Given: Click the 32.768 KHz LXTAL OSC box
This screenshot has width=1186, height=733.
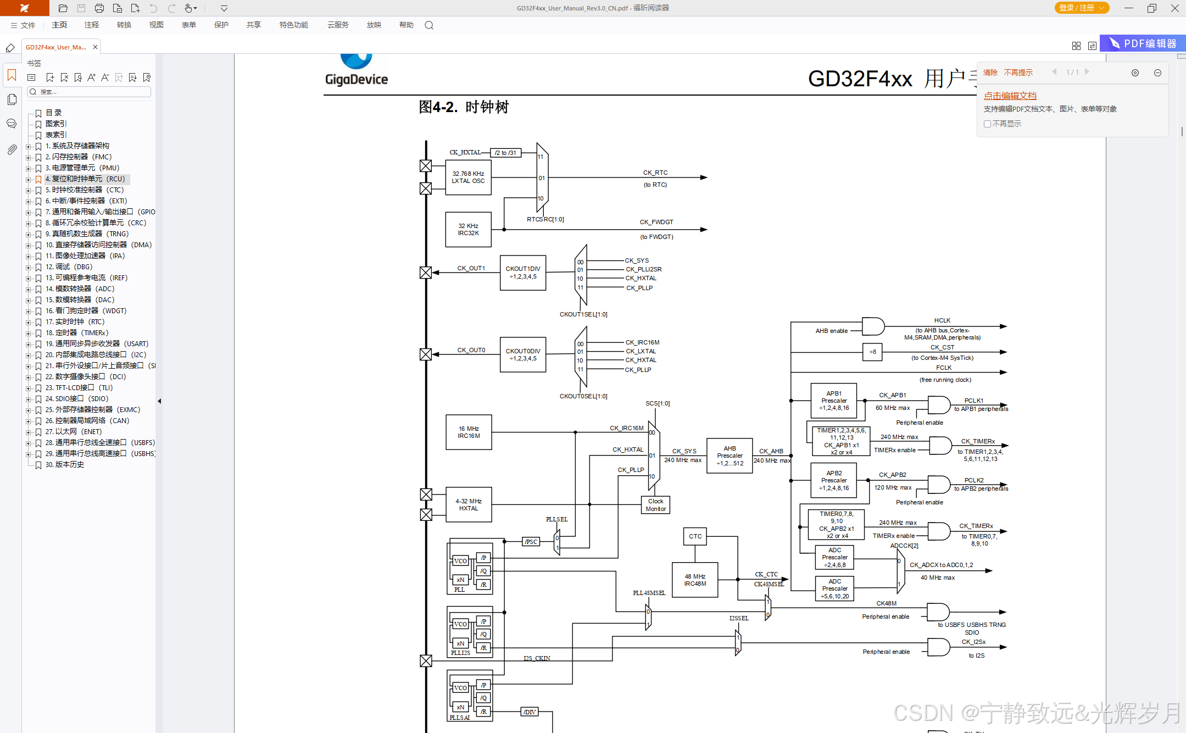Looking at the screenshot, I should (468, 177).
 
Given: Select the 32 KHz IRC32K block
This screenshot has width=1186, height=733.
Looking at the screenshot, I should (468, 230).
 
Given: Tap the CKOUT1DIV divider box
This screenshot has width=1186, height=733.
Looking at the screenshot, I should (522, 273).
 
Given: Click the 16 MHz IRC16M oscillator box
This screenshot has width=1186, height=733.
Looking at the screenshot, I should (469, 432).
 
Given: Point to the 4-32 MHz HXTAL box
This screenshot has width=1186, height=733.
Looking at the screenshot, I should (469, 504).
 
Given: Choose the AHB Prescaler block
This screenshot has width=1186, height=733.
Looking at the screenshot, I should (730, 456).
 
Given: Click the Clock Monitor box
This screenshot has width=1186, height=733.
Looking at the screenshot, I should (655, 505).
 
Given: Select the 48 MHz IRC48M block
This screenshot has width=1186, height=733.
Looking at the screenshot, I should (695, 580).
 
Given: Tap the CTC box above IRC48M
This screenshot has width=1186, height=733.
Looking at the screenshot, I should (695, 536).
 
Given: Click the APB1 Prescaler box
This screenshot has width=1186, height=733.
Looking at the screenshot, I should (833, 401).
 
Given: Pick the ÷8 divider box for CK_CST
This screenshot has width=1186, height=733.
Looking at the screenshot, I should (872, 352).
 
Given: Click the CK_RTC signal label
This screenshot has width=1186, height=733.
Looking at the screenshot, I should (655, 173).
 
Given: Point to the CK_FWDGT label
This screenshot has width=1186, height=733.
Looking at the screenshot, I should (656, 222).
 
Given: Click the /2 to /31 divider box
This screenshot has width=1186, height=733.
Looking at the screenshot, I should (505, 153).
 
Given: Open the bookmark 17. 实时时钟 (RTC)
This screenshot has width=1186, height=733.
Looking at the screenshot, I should (75, 321).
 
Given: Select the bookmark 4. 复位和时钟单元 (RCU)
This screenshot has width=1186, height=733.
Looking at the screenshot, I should (85, 179).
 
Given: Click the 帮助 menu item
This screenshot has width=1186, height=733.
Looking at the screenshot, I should (406, 25).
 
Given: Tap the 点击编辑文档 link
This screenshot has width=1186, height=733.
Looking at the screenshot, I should (1010, 96).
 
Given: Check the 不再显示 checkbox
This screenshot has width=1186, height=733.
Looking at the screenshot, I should (987, 124).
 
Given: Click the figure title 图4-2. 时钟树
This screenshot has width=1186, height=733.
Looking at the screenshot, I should (464, 107).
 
